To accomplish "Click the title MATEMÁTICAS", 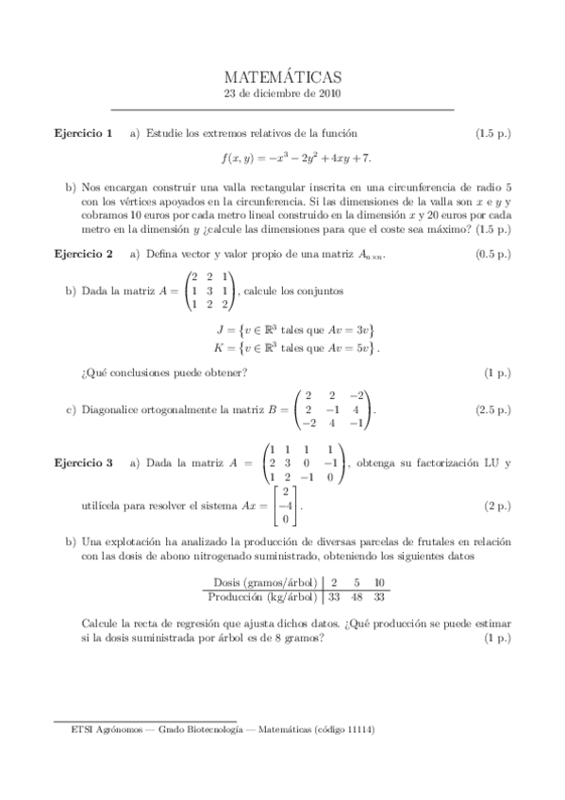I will tap(282, 77).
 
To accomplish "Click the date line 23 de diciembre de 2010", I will tap(282, 94).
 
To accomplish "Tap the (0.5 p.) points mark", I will tap(493, 254).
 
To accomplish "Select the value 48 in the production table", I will tap(356, 596).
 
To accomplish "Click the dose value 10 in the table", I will tap(378, 582).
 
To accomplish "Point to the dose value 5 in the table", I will tap(356, 582).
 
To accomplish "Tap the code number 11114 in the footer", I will tap(359, 729).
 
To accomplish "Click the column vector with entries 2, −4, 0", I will tap(284, 506).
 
